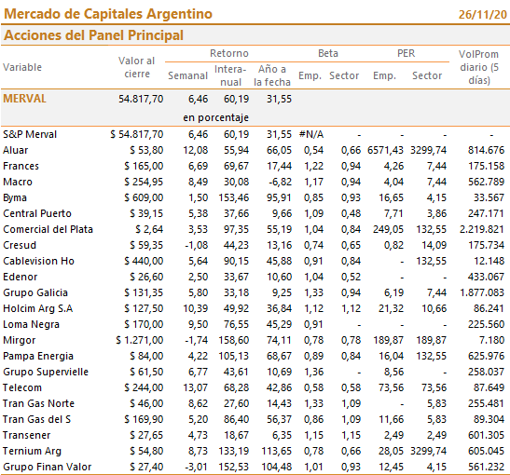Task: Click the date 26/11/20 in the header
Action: click(483, 15)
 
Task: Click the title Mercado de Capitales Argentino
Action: click(108, 14)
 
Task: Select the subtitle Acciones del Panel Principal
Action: click(93, 35)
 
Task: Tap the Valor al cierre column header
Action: click(137, 67)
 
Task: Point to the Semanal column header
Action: click(187, 75)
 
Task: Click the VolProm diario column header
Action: click(479, 67)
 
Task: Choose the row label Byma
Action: click(15, 197)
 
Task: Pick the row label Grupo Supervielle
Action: click(46, 372)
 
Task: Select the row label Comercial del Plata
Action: click(48, 229)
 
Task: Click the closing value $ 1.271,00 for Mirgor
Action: click(140, 340)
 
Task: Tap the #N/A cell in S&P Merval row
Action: click(311, 134)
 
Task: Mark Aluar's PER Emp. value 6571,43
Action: click(385, 150)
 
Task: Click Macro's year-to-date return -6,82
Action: click(280, 182)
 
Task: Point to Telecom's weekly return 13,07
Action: click(196, 387)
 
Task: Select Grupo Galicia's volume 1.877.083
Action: click(482, 292)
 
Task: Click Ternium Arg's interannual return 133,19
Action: click(234, 451)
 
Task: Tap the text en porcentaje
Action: click(216, 117)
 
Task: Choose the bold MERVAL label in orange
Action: click(25, 99)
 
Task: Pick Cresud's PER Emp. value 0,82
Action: click(393, 245)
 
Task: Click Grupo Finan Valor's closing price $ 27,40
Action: click(146, 467)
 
